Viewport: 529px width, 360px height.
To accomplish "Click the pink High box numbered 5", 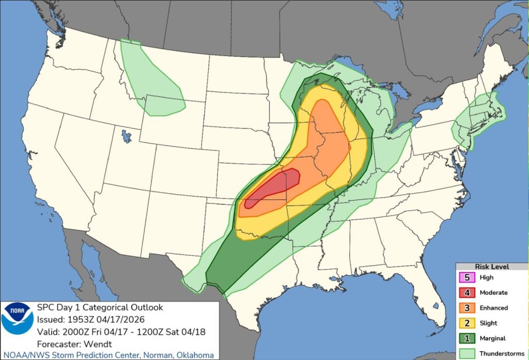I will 466,277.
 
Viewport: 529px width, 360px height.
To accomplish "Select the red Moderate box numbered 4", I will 466,292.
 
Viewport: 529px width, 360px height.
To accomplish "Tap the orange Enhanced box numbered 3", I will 466,308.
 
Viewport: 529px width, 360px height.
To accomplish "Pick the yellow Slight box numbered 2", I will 466,323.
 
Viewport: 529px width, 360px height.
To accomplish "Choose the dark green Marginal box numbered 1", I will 466,338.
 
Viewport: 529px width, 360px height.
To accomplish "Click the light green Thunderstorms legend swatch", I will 466,353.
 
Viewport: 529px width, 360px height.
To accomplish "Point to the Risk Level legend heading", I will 491,267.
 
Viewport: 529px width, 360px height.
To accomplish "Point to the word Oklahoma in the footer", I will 195,355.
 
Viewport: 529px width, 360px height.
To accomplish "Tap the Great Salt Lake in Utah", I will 126,137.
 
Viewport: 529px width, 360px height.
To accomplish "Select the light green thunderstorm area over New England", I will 478,116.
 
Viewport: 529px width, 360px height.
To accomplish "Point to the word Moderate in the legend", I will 493,292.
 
